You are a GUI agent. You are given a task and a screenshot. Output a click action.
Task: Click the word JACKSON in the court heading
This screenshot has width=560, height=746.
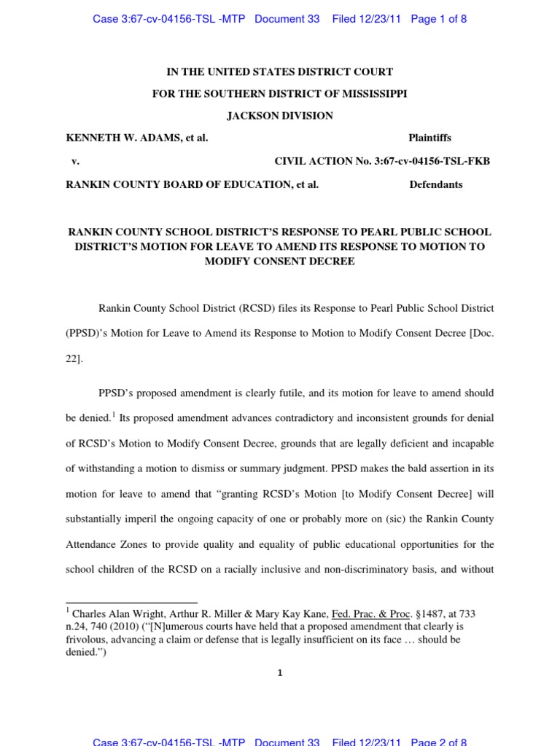point(254,116)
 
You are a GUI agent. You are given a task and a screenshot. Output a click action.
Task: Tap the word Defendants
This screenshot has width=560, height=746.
point(436,185)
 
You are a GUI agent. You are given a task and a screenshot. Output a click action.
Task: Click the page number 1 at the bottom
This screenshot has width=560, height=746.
point(279,673)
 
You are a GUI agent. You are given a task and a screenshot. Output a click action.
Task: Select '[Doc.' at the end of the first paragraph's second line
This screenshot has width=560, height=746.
point(482,334)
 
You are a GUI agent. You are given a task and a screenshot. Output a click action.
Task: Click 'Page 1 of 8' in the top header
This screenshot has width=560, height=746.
point(439,19)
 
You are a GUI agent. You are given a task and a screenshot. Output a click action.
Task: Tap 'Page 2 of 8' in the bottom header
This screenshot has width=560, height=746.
point(439,742)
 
